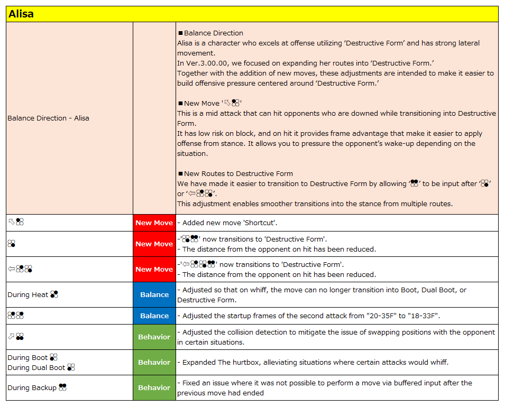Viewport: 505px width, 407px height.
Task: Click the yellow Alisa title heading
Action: [x=21, y=14]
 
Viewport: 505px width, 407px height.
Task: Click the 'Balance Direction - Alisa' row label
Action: [x=48, y=118]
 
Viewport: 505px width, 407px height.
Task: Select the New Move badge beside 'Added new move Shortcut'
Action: [x=154, y=223]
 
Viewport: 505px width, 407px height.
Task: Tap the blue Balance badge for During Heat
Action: [x=154, y=294]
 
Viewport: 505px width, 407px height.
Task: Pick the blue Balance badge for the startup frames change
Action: [x=154, y=316]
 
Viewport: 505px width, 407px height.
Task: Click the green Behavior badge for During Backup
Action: [x=154, y=387]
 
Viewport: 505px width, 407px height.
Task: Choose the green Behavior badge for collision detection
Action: [x=154, y=337]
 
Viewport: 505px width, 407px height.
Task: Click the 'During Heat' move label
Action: [x=27, y=294]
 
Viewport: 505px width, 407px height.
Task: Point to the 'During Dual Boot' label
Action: [x=36, y=367]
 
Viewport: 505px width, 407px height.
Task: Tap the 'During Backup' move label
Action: [x=32, y=387]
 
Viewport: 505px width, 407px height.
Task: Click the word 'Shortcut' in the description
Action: [x=262, y=223]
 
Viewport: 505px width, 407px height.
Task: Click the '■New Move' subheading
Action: [x=201, y=103]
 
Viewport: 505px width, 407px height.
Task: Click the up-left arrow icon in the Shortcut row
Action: [x=11, y=222]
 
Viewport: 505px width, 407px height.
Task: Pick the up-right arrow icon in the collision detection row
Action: [x=11, y=336]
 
